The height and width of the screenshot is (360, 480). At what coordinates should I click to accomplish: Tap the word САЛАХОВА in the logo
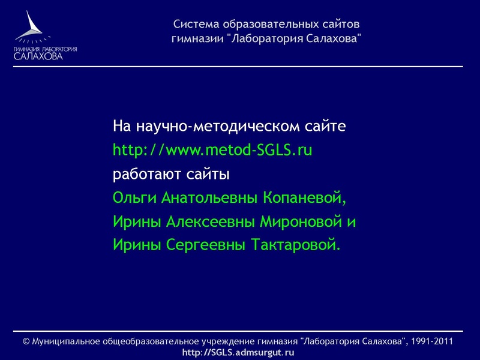point(38,56)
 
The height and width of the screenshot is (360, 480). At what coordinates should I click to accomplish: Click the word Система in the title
point(196,25)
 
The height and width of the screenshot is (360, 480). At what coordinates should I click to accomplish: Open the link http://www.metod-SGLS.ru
point(212,151)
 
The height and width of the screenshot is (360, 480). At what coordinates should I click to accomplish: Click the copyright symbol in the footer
point(26,341)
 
